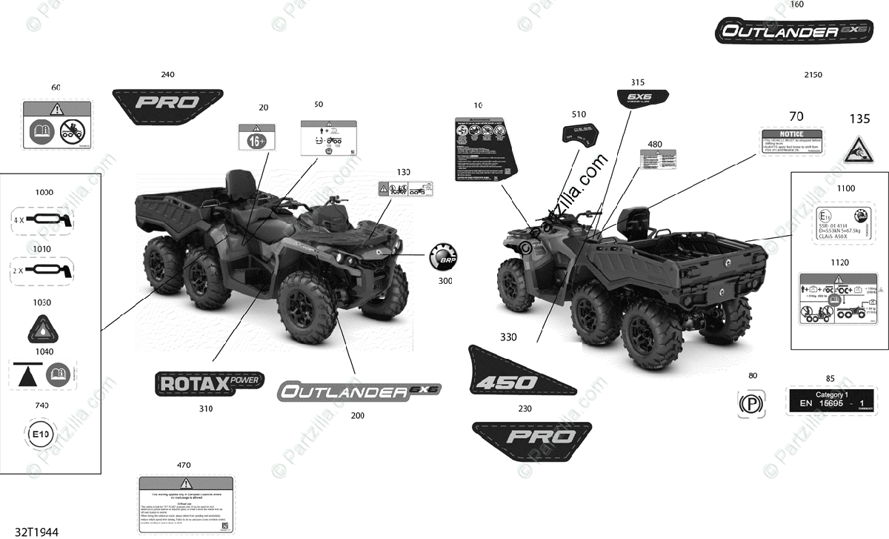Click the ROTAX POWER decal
click(x=210, y=385)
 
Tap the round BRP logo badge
click(x=443, y=259)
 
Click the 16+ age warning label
click(x=255, y=139)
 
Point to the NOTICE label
click(x=791, y=142)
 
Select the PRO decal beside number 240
click(x=167, y=102)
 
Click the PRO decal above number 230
click(x=532, y=436)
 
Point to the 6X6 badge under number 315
click(x=642, y=98)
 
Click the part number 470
click(x=184, y=465)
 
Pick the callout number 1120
click(x=840, y=262)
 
